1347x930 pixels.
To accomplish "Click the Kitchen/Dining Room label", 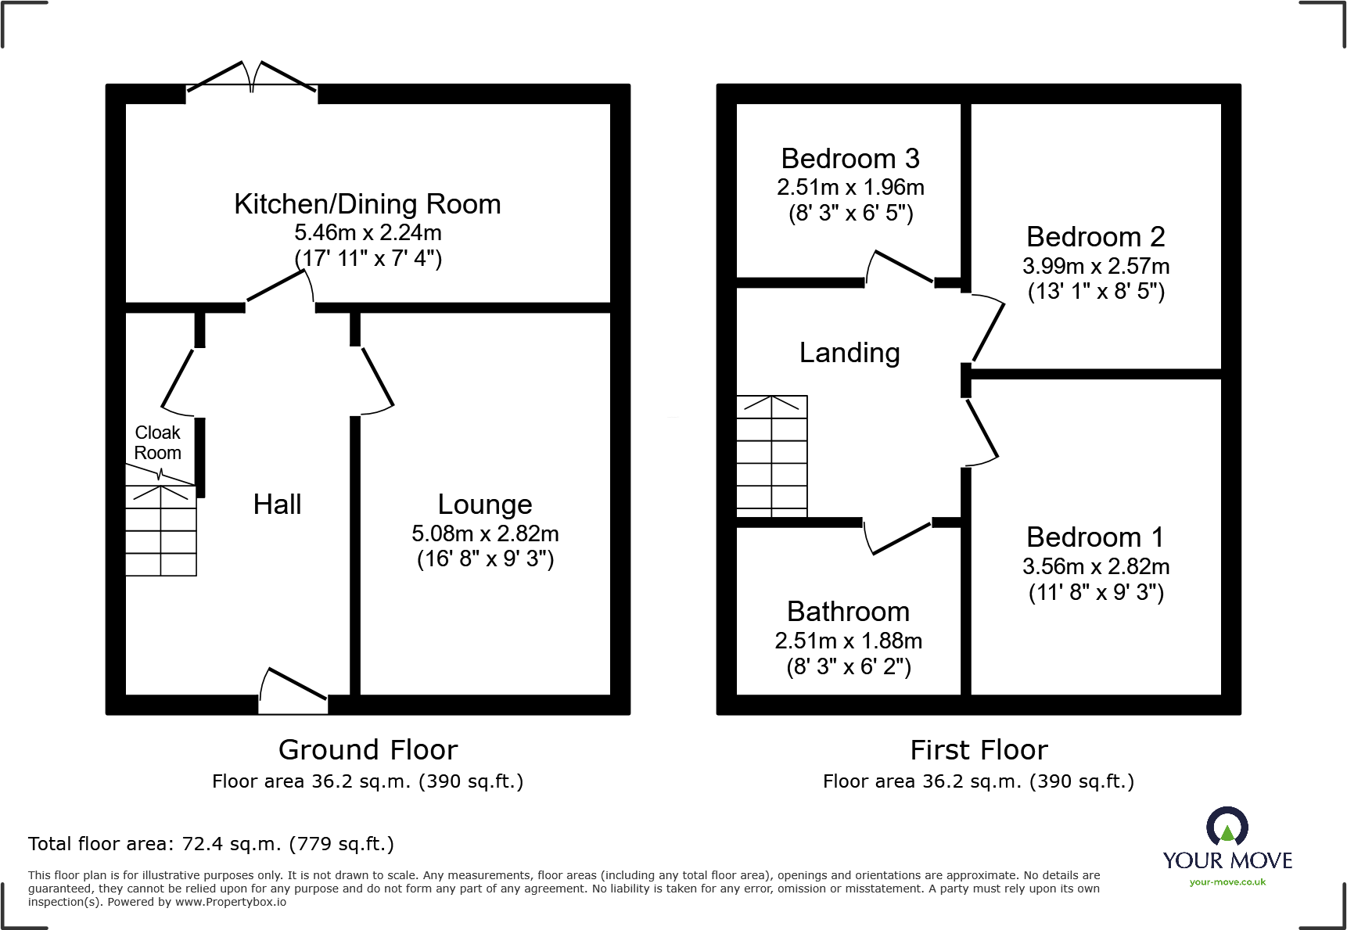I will click(x=367, y=204).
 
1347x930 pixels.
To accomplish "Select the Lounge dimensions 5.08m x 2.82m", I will click(x=485, y=533).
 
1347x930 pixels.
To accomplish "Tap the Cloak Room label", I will click(x=158, y=443).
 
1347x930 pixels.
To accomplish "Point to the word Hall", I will click(x=277, y=504).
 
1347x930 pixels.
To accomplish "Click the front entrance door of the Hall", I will click(x=293, y=689).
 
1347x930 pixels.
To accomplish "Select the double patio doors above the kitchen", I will click(x=251, y=79).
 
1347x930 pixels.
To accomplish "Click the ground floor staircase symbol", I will click(x=161, y=530).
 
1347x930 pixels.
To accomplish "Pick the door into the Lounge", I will click(x=376, y=380).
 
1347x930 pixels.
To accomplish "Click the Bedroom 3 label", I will click(x=850, y=159).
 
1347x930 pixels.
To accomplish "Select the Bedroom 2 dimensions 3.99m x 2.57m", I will click(x=1095, y=266).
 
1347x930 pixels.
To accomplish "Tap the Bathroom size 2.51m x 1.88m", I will click(x=848, y=641).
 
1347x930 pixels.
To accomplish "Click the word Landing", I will click(x=850, y=353).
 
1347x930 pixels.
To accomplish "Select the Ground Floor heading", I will click(x=368, y=750).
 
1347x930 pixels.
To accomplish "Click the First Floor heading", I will click(x=979, y=750).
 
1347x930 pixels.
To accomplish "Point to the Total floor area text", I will click(x=211, y=844).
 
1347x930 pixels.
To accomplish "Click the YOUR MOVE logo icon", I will click(x=1227, y=828).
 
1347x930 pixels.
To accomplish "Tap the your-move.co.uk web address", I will click(x=1227, y=882).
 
